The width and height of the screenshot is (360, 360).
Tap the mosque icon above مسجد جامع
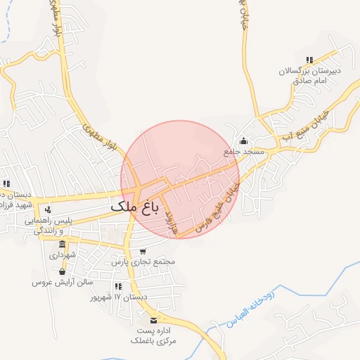[x=244, y=140]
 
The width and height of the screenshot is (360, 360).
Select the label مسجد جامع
[x=244, y=151]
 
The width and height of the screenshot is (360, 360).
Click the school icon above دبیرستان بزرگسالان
[x=309, y=60]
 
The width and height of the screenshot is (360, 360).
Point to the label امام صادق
[x=309, y=81]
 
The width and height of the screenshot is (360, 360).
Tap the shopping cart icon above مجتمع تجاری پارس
[x=143, y=251]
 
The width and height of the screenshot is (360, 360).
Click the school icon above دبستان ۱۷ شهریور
[x=117, y=286]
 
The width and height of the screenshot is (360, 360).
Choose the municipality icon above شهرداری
[x=63, y=245]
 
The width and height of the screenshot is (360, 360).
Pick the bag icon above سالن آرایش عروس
[x=62, y=271]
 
